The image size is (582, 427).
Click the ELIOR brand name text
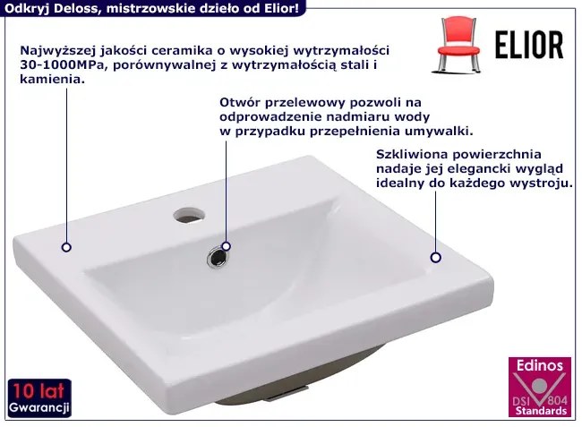529,46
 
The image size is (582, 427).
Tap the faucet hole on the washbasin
189,215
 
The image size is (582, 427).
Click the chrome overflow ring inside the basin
218,257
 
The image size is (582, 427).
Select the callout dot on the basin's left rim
66,247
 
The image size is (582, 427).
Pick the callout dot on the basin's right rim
436,257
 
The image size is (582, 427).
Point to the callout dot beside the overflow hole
226,246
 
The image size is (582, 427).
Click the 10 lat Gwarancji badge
39,397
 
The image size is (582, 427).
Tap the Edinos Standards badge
540,387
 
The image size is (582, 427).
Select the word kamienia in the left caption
52,79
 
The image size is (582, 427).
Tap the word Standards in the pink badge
541,411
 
